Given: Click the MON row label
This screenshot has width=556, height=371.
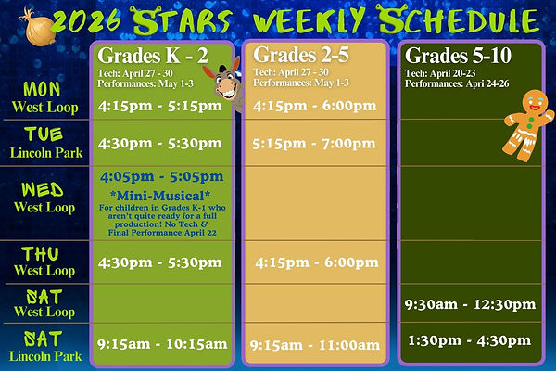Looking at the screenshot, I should [x=44, y=89].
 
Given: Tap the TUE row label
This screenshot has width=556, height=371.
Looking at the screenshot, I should [x=44, y=135].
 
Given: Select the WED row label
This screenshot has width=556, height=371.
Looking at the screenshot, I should [x=44, y=190].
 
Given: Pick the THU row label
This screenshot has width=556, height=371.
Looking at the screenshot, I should [x=44, y=253].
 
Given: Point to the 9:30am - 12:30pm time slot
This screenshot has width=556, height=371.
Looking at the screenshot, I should [x=470, y=304].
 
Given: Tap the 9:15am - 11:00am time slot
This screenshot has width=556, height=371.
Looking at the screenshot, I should [x=314, y=345].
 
